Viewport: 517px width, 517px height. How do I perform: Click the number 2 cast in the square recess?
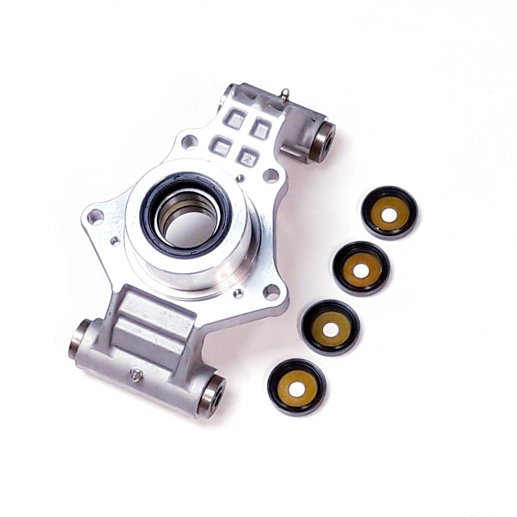coord(248,158)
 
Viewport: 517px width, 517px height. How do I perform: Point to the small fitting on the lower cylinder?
coord(136,375)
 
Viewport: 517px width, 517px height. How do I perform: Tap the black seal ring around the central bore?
coord(185,215)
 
